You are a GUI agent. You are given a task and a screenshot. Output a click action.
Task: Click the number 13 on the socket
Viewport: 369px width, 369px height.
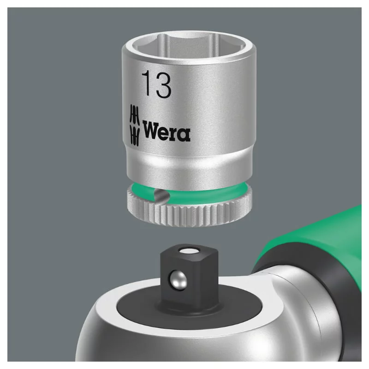[x=156, y=84]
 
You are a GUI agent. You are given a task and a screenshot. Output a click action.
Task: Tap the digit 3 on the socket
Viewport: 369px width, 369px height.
[x=163, y=85]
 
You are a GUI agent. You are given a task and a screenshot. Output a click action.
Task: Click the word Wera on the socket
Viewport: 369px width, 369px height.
[x=167, y=131]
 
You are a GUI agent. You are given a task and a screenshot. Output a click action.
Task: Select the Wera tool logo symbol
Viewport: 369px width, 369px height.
[x=135, y=125]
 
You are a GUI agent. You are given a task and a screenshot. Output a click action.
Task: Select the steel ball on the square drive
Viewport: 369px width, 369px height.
[x=177, y=280]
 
